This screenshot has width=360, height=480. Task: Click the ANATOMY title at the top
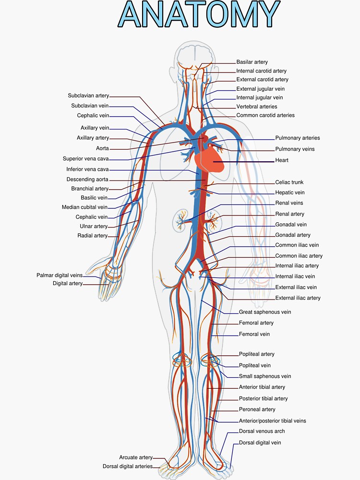point(199,14)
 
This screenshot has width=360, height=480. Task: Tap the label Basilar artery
point(252,62)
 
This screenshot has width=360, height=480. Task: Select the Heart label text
point(282,160)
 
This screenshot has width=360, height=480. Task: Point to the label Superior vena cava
point(85,158)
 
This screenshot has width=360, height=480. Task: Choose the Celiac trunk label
point(289,182)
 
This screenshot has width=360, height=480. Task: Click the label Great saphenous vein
point(265,312)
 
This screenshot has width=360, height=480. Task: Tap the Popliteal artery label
point(257,354)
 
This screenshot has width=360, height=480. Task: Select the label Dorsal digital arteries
point(128,466)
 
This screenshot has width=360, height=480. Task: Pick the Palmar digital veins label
point(60,275)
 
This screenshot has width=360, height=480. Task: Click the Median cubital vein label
point(84,207)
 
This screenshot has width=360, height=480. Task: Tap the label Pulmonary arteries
point(297,138)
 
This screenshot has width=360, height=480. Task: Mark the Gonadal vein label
point(291,224)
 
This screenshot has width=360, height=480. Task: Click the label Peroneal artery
point(257,409)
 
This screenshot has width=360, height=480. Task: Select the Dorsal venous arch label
point(262,431)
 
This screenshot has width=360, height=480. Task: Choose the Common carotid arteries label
point(265,115)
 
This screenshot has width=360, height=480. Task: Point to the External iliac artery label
point(298,298)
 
